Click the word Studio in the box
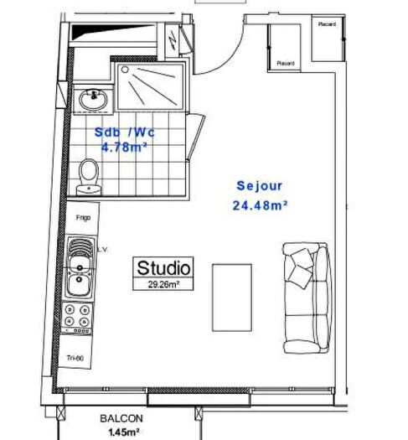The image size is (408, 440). pyautogui.click(x=164, y=268)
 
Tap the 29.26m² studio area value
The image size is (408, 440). pyautogui.click(x=164, y=284)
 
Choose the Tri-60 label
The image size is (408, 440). pyautogui.click(x=76, y=359)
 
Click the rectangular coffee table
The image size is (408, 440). pyautogui.click(x=232, y=298)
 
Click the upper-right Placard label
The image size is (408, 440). pyautogui.click(x=327, y=24)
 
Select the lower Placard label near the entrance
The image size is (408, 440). pyautogui.click(x=286, y=63)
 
